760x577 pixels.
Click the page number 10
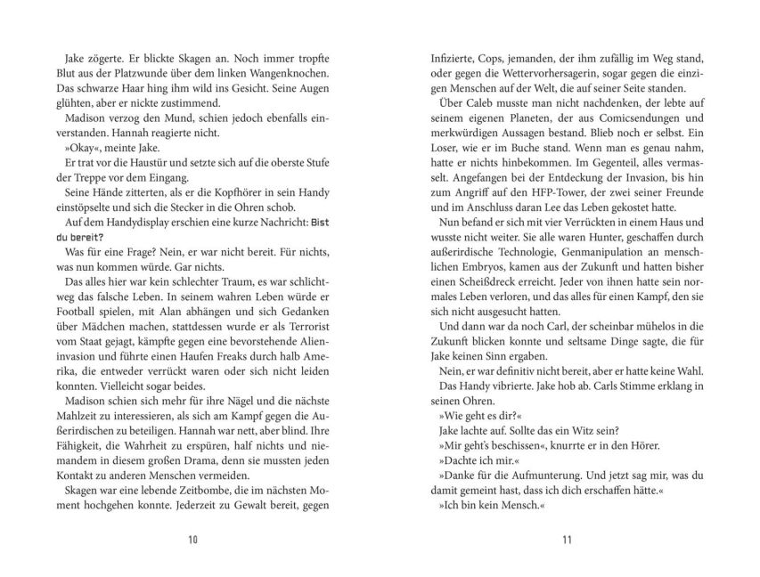[193, 539]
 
